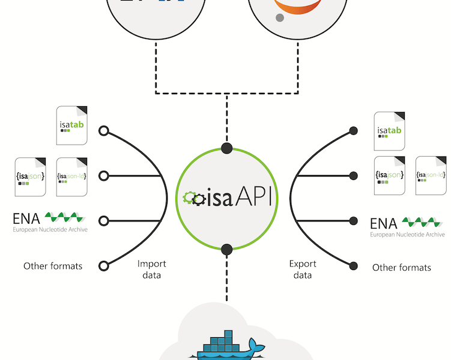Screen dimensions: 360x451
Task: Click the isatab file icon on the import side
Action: [71, 125]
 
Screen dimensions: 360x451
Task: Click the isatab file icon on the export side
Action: [390, 131]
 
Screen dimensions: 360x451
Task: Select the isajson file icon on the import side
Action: [31, 177]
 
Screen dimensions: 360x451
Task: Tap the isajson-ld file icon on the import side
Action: [71, 177]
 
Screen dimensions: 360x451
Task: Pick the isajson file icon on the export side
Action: [390, 175]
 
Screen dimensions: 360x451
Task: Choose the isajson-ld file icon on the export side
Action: [431, 175]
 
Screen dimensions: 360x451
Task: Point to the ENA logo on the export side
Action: [407, 226]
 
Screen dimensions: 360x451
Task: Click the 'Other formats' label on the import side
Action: [53, 266]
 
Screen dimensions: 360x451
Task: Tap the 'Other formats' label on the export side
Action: [401, 268]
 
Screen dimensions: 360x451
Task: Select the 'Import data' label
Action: [151, 269]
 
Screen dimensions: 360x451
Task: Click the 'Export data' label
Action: [303, 269]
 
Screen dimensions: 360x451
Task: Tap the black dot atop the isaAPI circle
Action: [226, 148]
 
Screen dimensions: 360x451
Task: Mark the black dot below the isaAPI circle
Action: [226, 249]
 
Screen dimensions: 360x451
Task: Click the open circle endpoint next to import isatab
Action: [103, 131]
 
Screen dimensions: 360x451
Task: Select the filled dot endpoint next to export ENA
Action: [353, 220]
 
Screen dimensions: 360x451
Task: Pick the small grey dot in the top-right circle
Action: [279, 18]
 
